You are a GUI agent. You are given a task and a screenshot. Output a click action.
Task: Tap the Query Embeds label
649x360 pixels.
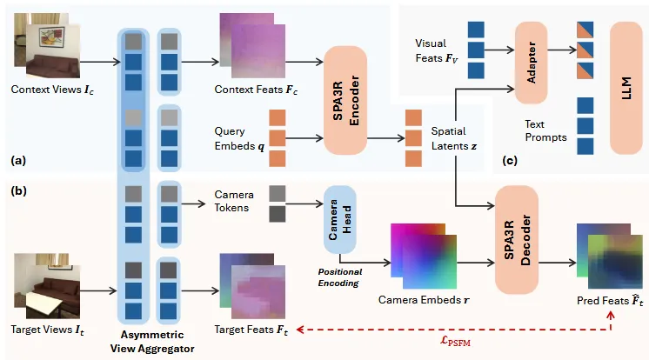click(x=236, y=139)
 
